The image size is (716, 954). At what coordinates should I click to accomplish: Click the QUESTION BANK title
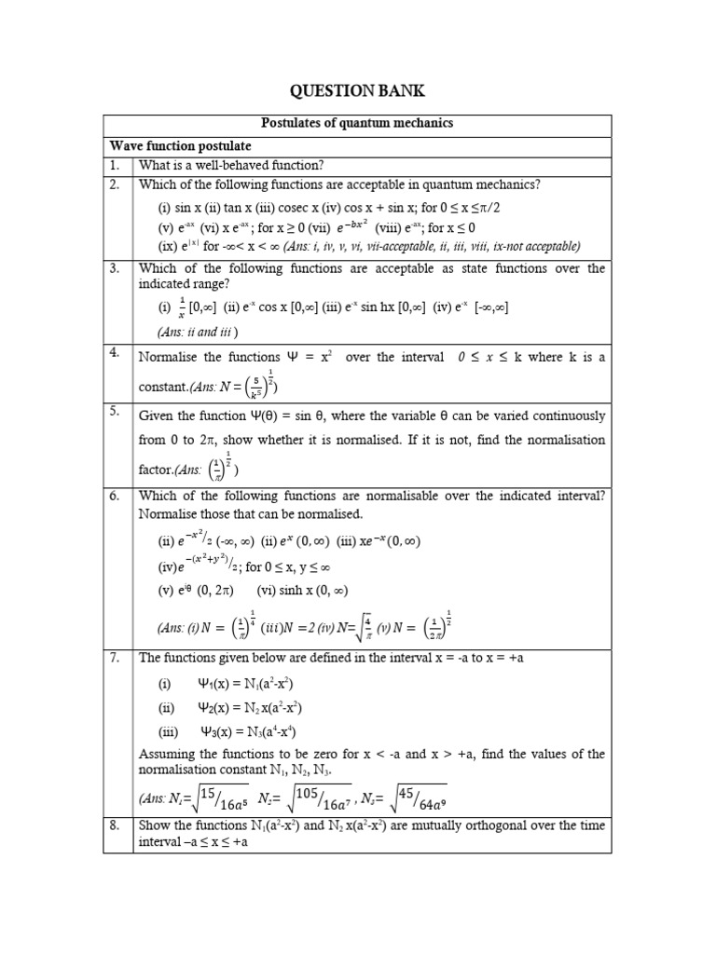point(357,89)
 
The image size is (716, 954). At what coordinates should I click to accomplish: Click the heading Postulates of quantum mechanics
point(357,124)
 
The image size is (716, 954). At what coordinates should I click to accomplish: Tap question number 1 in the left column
point(115,165)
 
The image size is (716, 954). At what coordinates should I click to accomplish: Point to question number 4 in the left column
point(115,355)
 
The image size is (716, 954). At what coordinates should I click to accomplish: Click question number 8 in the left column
point(115,825)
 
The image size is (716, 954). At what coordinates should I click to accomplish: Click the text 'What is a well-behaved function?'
point(231,165)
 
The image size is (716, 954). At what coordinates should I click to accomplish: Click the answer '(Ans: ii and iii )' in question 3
point(198,331)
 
